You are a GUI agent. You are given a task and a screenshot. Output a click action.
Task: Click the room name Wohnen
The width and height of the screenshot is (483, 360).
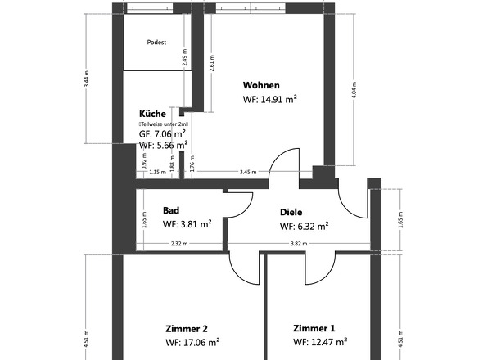pos(261,85)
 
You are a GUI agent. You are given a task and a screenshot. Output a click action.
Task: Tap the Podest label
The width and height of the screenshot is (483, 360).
pos(156,42)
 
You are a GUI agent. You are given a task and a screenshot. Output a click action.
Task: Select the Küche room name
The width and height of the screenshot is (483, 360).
pos(153,114)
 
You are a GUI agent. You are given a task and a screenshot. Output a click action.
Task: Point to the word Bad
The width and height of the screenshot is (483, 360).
pos(170,210)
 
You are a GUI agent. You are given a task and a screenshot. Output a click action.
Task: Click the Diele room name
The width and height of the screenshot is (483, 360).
pos(291,210)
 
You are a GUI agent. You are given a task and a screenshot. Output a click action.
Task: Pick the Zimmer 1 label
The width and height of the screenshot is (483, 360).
pos(314,328)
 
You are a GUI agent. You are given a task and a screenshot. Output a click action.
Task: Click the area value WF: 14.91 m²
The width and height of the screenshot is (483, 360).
pos(269,100)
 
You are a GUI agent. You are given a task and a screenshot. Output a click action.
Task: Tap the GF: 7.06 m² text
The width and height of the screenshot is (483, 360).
pos(162,133)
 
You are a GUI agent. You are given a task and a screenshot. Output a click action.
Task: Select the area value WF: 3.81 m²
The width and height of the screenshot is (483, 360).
pos(187,224)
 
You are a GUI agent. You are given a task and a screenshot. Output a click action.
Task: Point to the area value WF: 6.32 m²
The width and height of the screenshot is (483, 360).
pos(304,227)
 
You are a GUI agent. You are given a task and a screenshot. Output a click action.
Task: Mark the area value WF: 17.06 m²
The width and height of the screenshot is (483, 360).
pos(192,343)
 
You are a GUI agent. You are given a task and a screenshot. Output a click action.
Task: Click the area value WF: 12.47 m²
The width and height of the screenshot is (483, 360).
pos(320,343)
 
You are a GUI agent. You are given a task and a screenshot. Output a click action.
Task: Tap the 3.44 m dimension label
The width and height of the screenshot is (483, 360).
pos(87,79)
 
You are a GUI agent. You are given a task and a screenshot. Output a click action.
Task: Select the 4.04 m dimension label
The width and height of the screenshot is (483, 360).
pos(354,88)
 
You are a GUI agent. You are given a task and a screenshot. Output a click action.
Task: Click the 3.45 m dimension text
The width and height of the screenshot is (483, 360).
pos(247,173)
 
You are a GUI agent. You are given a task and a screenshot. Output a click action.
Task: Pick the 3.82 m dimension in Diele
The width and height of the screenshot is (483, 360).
pos(299,244)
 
